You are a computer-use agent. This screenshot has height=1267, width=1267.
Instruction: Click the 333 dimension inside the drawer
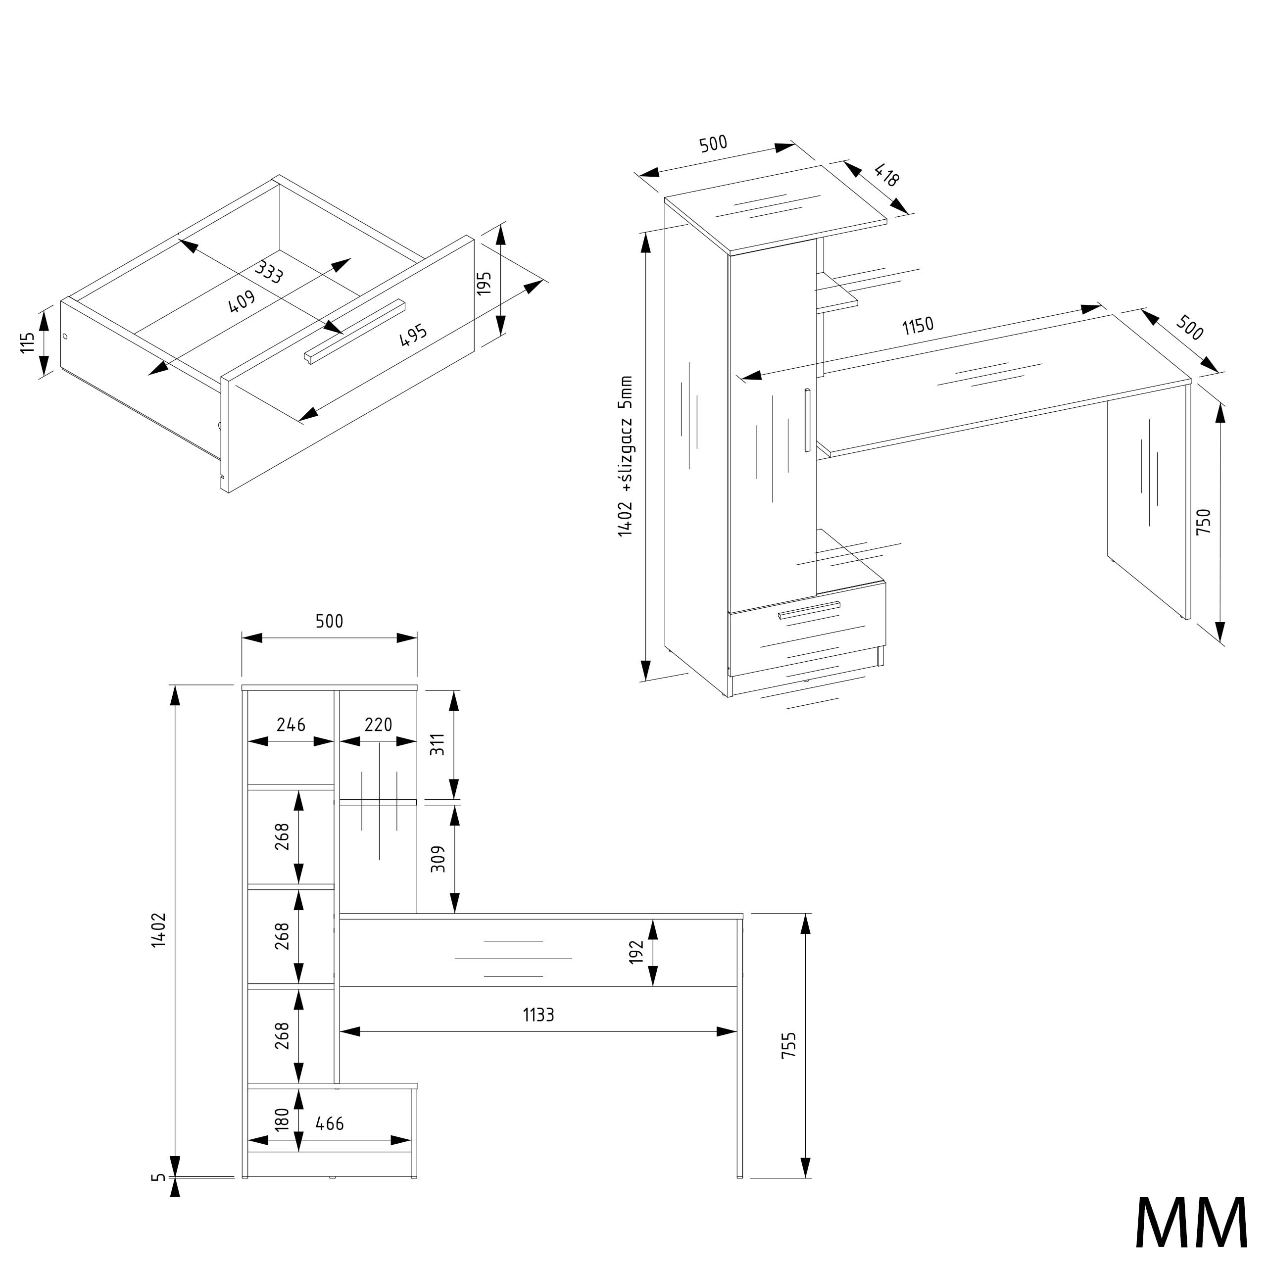click(x=269, y=272)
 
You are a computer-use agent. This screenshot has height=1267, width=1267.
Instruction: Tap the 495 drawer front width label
click(x=414, y=335)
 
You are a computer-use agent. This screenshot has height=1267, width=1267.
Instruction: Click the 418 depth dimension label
click(x=886, y=176)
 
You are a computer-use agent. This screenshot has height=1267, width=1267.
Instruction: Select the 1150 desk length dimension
click(x=918, y=325)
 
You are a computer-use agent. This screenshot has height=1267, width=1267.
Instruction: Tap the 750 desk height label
click(x=1204, y=521)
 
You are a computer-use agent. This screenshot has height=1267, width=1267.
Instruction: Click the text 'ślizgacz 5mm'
click(x=626, y=430)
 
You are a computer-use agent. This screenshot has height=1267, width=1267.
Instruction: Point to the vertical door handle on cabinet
click(x=808, y=420)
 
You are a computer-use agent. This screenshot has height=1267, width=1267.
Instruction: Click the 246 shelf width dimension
click(x=291, y=724)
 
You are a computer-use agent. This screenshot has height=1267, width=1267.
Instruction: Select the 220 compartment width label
click(x=379, y=724)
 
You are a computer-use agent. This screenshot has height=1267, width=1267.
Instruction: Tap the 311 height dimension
click(x=438, y=744)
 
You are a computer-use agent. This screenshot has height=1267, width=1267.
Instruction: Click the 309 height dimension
click(x=438, y=858)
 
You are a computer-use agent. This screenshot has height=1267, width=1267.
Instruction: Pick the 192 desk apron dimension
click(x=636, y=952)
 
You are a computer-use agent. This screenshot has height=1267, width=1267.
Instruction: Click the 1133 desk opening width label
click(x=538, y=1015)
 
